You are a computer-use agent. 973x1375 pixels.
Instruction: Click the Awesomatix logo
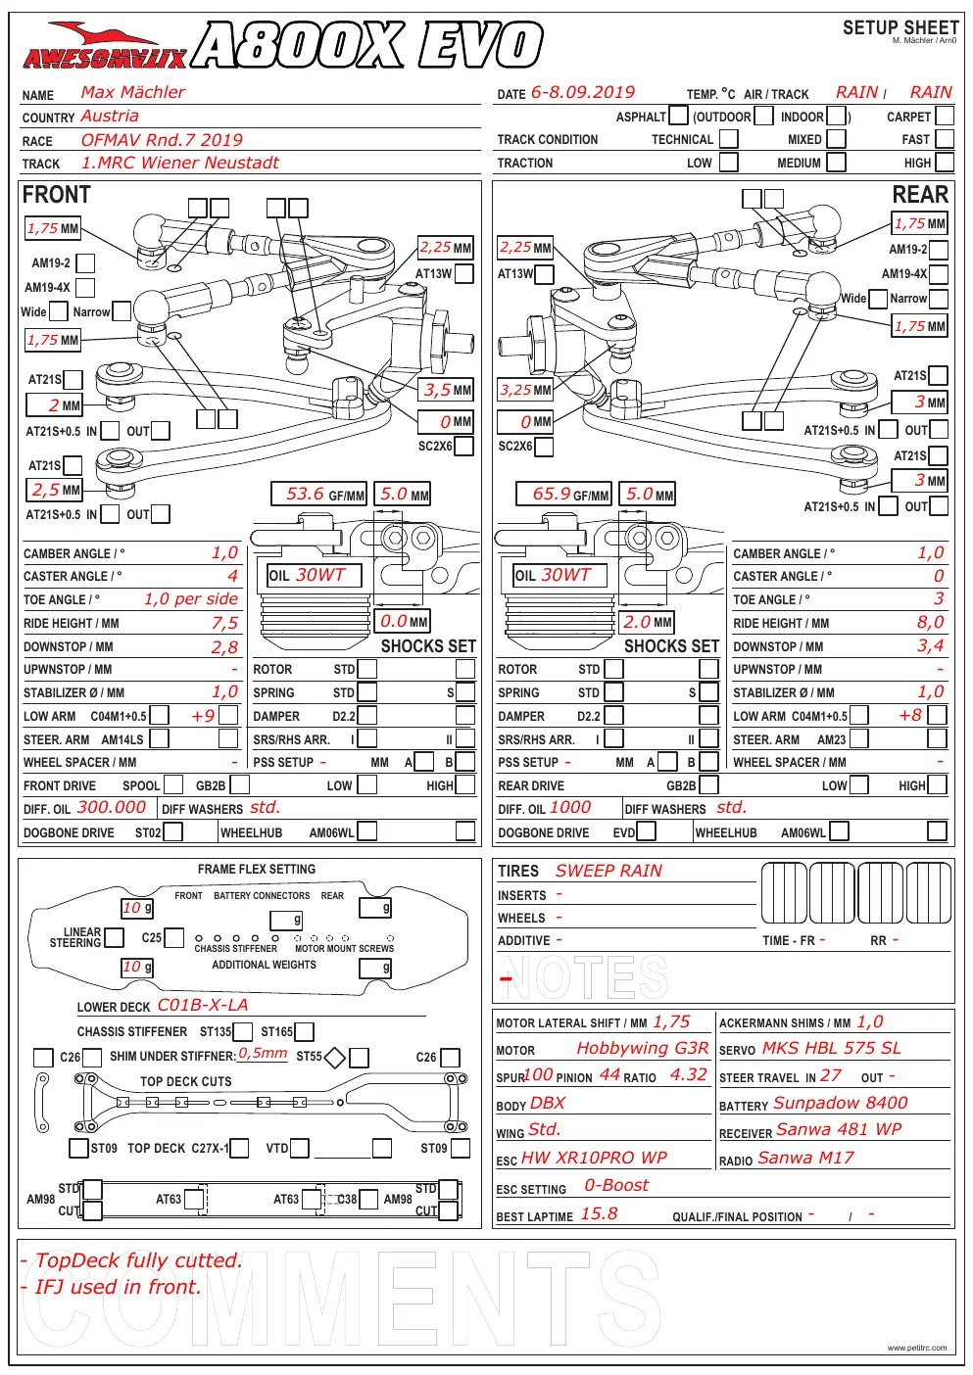click(x=105, y=46)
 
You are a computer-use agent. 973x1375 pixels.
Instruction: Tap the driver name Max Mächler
click(x=132, y=92)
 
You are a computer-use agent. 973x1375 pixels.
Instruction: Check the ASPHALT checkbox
click(x=678, y=116)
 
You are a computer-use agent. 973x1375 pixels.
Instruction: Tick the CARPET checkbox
click(x=945, y=116)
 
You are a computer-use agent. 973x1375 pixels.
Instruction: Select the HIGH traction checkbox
click(x=945, y=163)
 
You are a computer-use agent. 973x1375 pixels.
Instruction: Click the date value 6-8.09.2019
click(x=582, y=92)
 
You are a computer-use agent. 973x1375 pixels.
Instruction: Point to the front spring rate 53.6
click(x=305, y=494)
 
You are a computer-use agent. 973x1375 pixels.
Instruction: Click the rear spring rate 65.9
click(x=551, y=494)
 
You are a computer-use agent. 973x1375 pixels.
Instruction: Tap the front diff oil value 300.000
click(x=112, y=807)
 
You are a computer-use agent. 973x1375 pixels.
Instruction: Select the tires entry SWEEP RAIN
click(x=608, y=871)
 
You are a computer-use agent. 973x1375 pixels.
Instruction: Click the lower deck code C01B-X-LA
click(x=203, y=1005)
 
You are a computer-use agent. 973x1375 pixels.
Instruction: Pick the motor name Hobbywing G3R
click(x=643, y=1048)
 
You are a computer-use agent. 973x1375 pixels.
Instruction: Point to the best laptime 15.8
click(x=599, y=1213)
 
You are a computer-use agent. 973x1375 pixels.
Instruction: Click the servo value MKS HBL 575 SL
click(x=832, y=1048)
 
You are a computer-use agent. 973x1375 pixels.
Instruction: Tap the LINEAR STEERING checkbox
click(x=114, y=937)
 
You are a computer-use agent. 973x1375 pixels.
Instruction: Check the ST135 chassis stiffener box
click(x=243, y=1032)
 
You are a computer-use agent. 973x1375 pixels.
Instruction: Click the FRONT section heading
click(x=57, y=195)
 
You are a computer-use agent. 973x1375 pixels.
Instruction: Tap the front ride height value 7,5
click(x=224, y=623)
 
